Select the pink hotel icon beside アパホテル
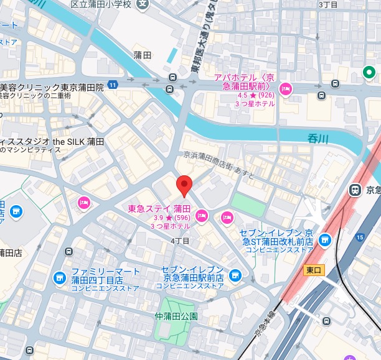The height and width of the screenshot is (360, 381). tap(286, 89)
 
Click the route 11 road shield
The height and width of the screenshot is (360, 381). tap(112, 84)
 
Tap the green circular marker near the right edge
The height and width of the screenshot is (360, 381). tap(370, 73)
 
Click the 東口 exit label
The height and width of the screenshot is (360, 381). tap(313, 270)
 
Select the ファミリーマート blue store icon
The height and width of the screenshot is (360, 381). tap(59, 277)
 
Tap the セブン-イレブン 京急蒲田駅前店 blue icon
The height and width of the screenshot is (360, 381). tap(234, 274)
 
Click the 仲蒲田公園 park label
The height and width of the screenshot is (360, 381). tap(176, 316)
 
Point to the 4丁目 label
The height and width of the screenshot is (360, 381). tap(179, 240)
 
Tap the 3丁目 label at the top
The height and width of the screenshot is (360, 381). tap(327, 4)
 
